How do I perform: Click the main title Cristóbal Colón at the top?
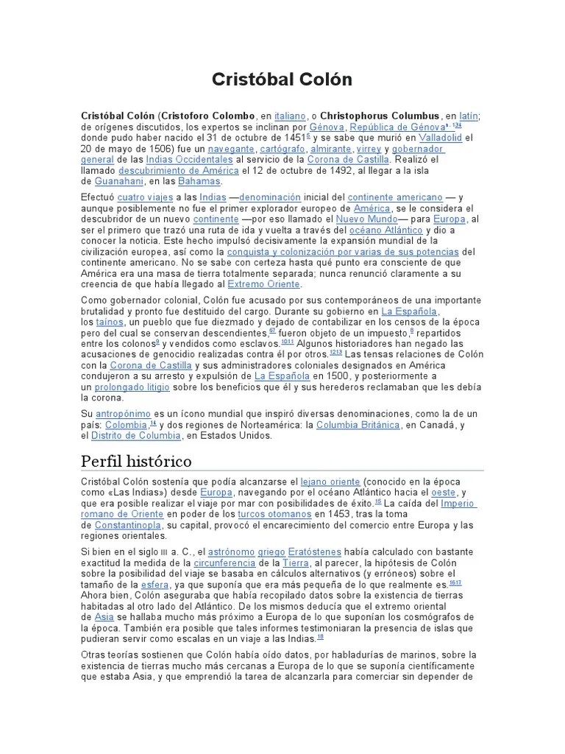click(282, 80)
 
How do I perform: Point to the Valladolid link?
click(441, 138)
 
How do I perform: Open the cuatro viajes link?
click(145, 197)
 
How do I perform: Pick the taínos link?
click(110, 322)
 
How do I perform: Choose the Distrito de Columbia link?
click(136, 435)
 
